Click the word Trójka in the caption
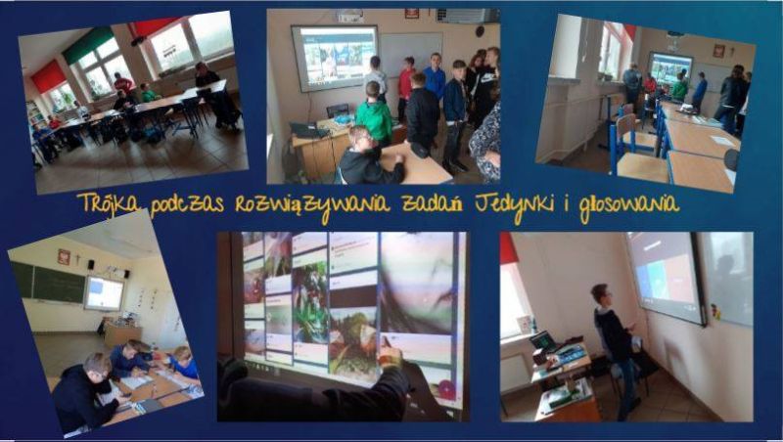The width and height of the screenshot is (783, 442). (x=109, y=203)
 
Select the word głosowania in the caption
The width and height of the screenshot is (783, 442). (x=629, y=205)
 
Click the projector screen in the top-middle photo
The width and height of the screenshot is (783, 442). (x=335, y=58)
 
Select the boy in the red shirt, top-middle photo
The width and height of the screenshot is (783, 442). (x=406, y=89)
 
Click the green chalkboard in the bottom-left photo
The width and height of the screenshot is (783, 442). (x=48, y=283)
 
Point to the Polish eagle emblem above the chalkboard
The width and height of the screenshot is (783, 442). (x=64, y=256)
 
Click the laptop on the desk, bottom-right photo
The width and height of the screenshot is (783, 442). (x=543, y=342)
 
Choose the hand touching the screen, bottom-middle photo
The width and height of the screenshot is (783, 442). (x=391, y=354)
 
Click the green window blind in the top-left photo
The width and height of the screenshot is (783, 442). (x=88, y=45)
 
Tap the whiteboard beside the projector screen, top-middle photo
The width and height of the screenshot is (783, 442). (x=410, y=55)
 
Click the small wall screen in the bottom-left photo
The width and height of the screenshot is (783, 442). (x=105, y=293)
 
